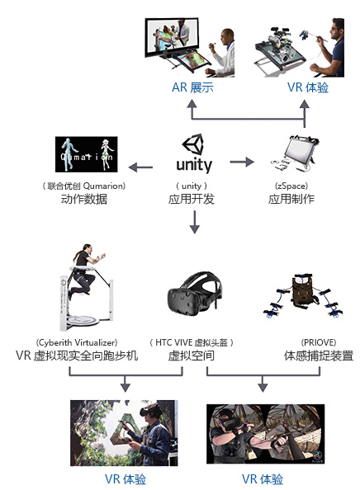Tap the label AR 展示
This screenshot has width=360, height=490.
pos(192,87)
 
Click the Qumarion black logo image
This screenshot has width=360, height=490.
pos(87,154)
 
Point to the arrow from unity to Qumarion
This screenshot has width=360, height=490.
pos(140,167)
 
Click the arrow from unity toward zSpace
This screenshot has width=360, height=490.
pos(242,162)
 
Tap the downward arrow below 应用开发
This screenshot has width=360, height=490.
pos(195,222)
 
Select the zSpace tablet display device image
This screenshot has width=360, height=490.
pos(295,153)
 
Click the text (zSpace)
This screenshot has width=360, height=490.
pos(291,186)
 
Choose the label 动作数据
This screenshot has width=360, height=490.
pos(84,199)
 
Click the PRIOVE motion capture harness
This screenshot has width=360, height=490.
pos(303,295)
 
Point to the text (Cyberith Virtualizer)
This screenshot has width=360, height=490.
pos(77,342)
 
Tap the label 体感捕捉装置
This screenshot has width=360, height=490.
pos(319,356)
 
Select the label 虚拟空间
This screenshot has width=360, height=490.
pos(191,356)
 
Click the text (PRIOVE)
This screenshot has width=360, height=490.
pos(319,342)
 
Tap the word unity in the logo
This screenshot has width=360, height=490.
pos(194,165)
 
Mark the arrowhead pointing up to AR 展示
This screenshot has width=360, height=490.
pos(192,105)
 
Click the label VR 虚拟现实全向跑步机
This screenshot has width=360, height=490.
pos(77,356)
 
